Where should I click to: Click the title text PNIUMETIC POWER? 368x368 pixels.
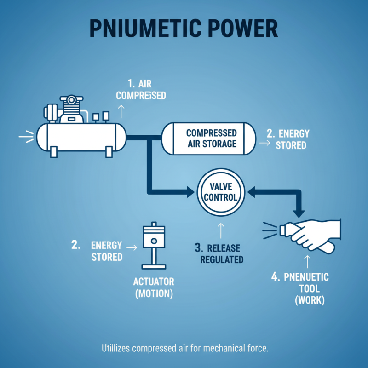point(184,29)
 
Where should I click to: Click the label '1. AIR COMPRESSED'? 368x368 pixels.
point(141,89)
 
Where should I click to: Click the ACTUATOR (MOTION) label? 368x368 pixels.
point(154,287)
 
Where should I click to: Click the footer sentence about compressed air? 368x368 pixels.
point(184,348)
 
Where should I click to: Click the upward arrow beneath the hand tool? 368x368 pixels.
point(307,262)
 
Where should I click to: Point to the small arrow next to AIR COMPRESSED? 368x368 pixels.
point(121,111)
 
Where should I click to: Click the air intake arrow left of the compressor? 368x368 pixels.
point(25,137)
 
